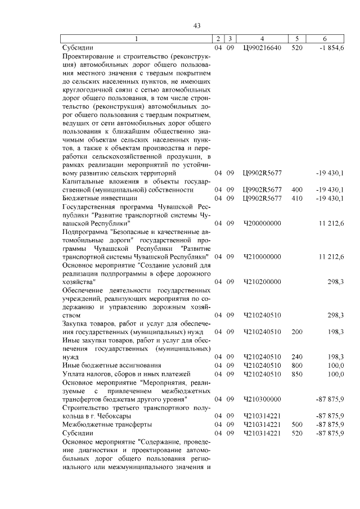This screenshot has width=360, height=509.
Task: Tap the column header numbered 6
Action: tap(325, 39)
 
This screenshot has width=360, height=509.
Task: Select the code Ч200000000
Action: tap(262, 224)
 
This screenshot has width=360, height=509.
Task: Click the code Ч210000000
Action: tap(262, 256)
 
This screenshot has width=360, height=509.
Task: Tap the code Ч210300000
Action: tap(262, 399)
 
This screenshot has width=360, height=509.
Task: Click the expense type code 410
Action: tap(297, 198)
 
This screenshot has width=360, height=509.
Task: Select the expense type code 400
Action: tap(297, 190)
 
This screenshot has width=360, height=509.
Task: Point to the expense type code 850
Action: tap(297, 373)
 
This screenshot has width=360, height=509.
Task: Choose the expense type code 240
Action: tap(297, 357)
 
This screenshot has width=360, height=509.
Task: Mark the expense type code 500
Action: tap(297, 424)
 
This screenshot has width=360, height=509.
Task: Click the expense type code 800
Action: tap(297, 365)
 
